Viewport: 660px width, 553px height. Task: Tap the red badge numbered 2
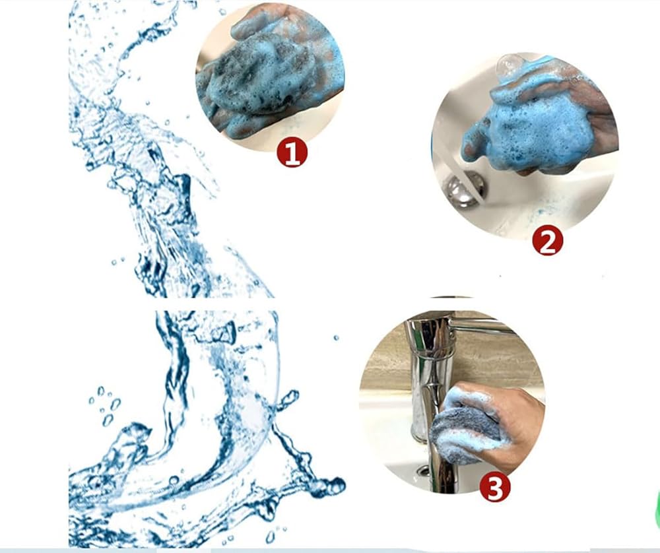tap(547, 241)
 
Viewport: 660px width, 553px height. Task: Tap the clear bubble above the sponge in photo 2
tap(510, 65)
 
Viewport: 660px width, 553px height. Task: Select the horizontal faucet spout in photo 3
tap(484, 326)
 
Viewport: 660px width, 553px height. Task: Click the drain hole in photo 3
tap(422, 470)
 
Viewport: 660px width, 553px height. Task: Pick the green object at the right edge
tap(657, 509)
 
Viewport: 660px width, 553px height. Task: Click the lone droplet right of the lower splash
tap(336, 338)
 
